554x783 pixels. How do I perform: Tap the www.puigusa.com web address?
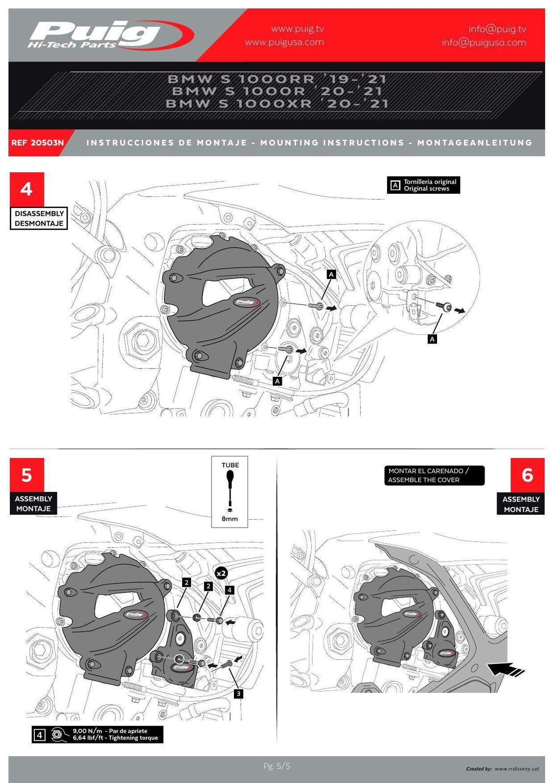(284, 42)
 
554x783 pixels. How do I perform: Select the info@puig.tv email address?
(497, 29)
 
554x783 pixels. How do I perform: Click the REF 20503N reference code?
(38, 143)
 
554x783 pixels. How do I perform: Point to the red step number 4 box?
(26, 189)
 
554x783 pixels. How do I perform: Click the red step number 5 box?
(26, 475)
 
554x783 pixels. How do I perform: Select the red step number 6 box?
(527, 475)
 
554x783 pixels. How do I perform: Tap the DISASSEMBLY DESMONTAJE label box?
(39, 218)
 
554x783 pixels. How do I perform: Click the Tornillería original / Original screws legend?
(423, 185)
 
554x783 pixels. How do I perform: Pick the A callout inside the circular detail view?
(432, 339)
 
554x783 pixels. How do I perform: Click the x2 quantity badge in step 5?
(221, 573)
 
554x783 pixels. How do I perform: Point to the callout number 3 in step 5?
(238, 693)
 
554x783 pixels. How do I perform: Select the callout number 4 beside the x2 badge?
(230, 590)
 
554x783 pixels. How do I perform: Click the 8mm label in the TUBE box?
(230, 519)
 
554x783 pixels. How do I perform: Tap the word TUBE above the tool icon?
(230, 465)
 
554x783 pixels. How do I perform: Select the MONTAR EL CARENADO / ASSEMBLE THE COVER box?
(434, 475)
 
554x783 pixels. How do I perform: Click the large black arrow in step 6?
(506, 668)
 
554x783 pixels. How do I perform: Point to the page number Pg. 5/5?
(277, 766)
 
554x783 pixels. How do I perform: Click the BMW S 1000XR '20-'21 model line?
(277, 104)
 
